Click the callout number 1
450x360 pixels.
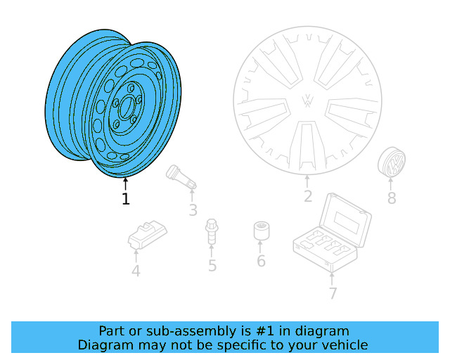(x=125, y=199)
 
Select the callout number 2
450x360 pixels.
(x=307, y=196)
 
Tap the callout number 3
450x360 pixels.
(x=193, y=210)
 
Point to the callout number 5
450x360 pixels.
(x=212, y=265)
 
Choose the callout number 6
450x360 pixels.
(x=261, y=262)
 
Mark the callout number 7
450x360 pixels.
(x=333, y=293)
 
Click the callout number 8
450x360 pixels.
(x=392, y=198)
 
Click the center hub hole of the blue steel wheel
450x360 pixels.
(x=127, y=108)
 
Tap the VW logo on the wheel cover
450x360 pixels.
(x=307, y=101)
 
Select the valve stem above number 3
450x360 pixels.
(x=180, y=177)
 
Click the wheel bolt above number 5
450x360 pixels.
(x=211, y=233)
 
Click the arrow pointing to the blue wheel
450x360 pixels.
(x=125, y=184)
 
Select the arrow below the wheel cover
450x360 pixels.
(x=307, y=181)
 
